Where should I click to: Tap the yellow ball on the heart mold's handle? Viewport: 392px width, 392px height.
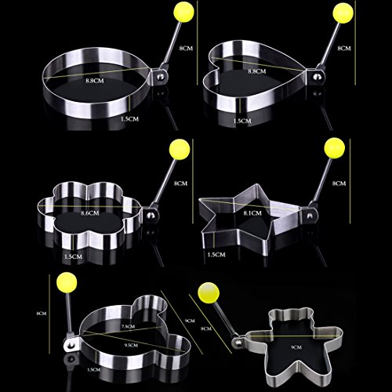click(x=343, y=13)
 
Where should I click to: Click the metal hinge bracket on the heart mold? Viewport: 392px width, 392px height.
click(x=314, y=78)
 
